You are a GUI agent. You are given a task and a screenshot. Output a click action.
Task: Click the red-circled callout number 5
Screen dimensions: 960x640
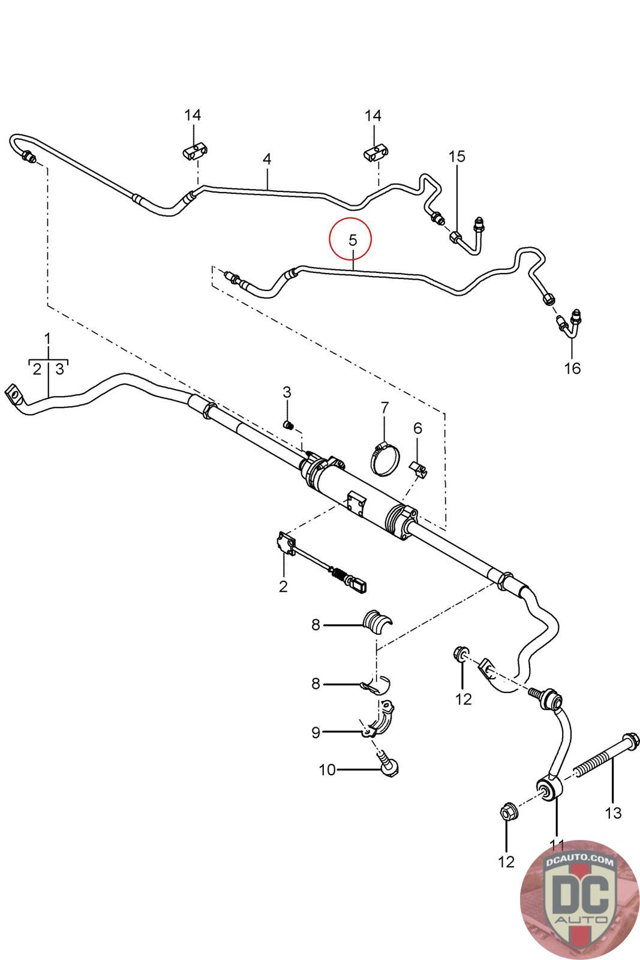click(352, 241)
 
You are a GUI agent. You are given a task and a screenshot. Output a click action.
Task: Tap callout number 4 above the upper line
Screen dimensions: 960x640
click(267, 159)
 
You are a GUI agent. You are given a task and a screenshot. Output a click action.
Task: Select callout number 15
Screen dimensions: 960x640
click(457, 157)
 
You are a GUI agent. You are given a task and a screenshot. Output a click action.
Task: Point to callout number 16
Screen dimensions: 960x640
click(573, 368)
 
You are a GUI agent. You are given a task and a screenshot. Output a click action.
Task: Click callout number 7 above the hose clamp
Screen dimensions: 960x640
click(384, 409)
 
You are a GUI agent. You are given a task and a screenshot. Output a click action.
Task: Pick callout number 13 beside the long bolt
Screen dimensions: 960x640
click(613, 813)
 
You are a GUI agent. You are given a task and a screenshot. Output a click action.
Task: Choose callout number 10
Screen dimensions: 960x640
click(327, 770)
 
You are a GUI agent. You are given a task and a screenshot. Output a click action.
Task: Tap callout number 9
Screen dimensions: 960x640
click(316, 732)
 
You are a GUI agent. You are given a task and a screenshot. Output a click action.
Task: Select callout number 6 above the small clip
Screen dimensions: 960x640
click(417, 428)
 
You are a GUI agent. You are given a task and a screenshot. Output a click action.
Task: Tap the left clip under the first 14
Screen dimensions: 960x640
click(193, 151)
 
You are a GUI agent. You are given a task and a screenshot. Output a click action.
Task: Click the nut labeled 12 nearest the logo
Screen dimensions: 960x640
click(507, 815)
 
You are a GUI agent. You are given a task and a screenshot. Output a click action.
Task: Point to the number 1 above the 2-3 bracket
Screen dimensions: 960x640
click(48, 338)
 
